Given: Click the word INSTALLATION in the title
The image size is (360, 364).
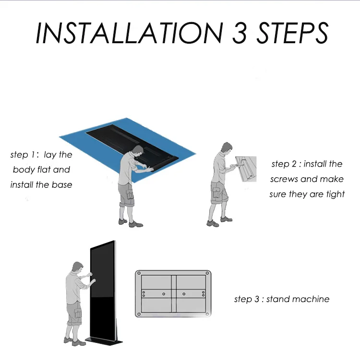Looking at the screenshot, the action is pos(129,33).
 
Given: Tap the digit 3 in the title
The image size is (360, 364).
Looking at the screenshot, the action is pos(239,33).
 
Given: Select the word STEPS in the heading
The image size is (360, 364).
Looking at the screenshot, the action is pos(292,33).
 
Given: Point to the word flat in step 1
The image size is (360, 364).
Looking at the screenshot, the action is pos(44,170).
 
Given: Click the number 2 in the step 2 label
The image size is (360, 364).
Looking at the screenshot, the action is pos(294,164).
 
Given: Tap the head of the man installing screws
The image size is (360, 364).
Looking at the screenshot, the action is pos(227,148).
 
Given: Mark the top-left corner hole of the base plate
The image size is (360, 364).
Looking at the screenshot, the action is pos(139,273).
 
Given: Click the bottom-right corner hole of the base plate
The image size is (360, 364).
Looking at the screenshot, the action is pos(207,314).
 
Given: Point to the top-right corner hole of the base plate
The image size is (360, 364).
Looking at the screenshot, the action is pos(207,273).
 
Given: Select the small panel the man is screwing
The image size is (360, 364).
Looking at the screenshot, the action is pos(246,169).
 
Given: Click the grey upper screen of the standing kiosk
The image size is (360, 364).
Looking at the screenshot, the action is pos(102,270).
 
